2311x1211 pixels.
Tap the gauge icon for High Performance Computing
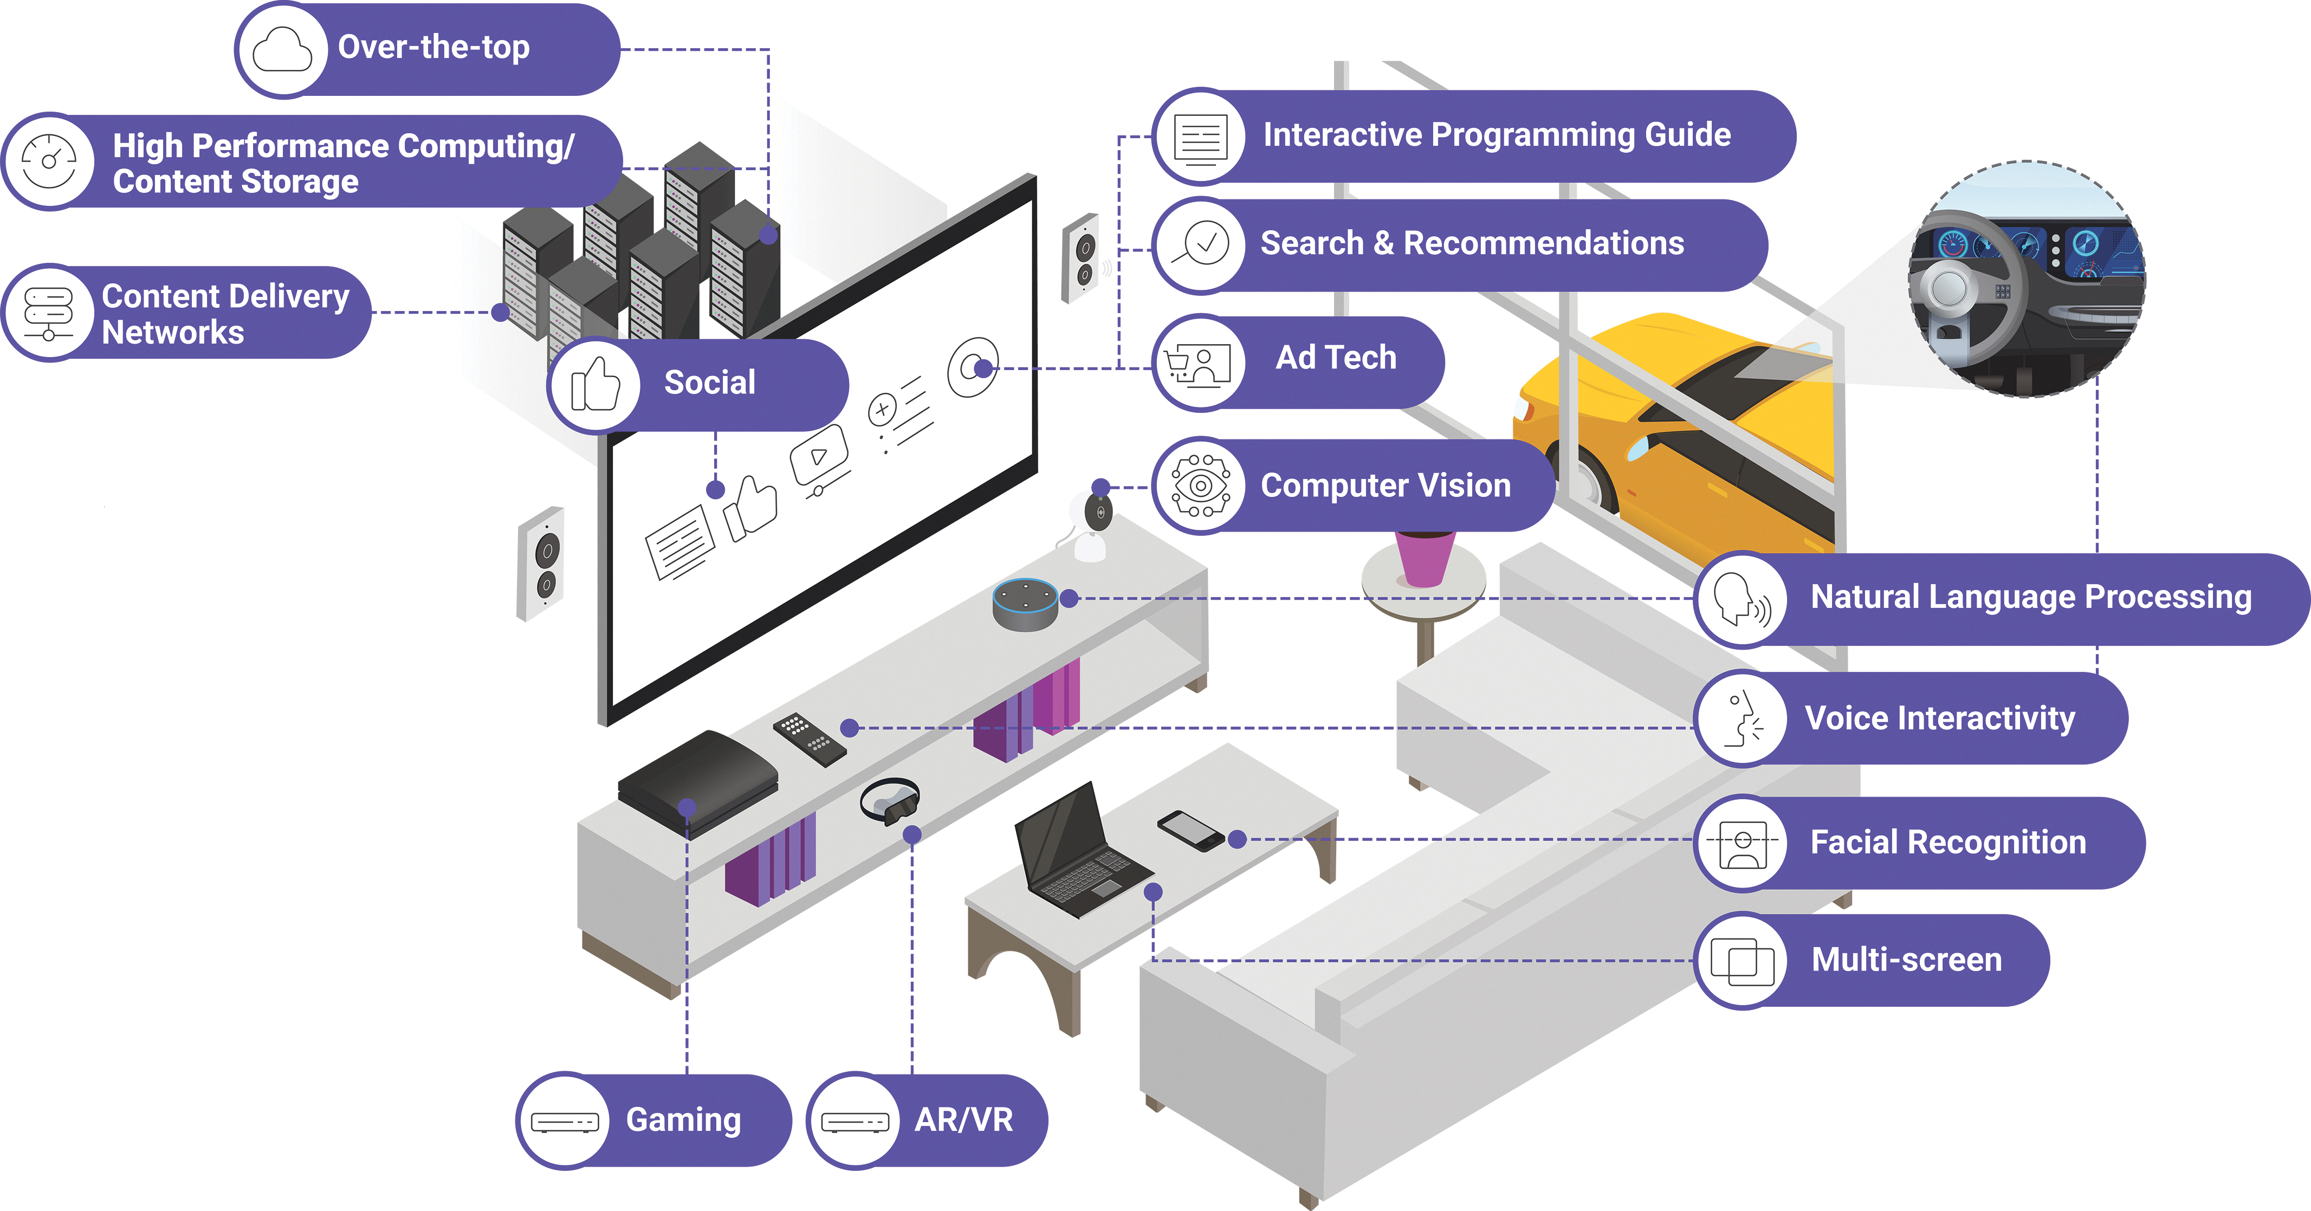49,161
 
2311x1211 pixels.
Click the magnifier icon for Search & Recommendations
1200,244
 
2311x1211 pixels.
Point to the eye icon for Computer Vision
1200,485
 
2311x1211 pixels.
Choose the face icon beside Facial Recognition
1742,843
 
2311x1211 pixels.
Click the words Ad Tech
1336,358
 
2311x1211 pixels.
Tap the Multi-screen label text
1906,960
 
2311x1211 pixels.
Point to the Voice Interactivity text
1940,718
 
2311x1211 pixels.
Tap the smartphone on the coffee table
1190,830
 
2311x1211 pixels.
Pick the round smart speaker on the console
1025,604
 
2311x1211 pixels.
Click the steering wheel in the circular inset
1965,287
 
